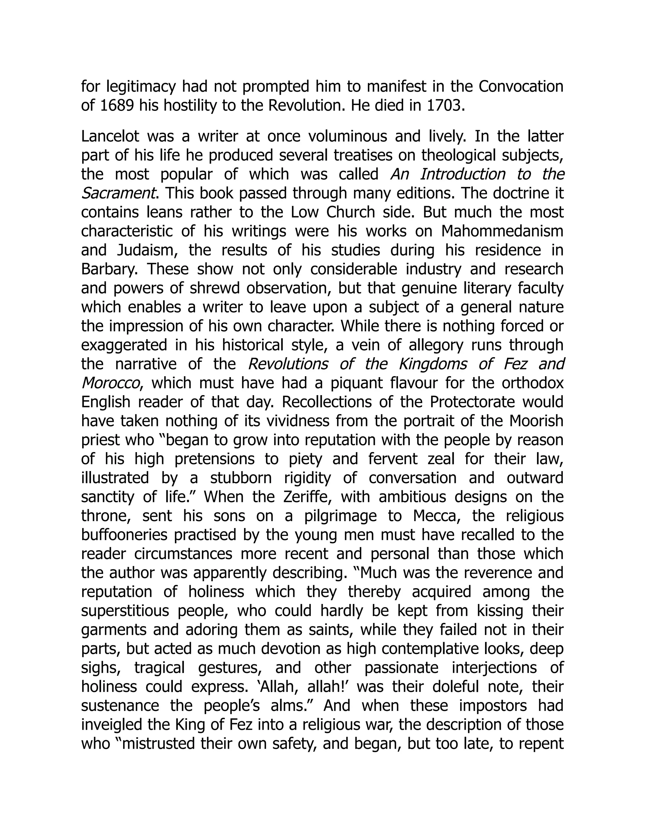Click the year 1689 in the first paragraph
coord(117,106)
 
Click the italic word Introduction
coord(463,174)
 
